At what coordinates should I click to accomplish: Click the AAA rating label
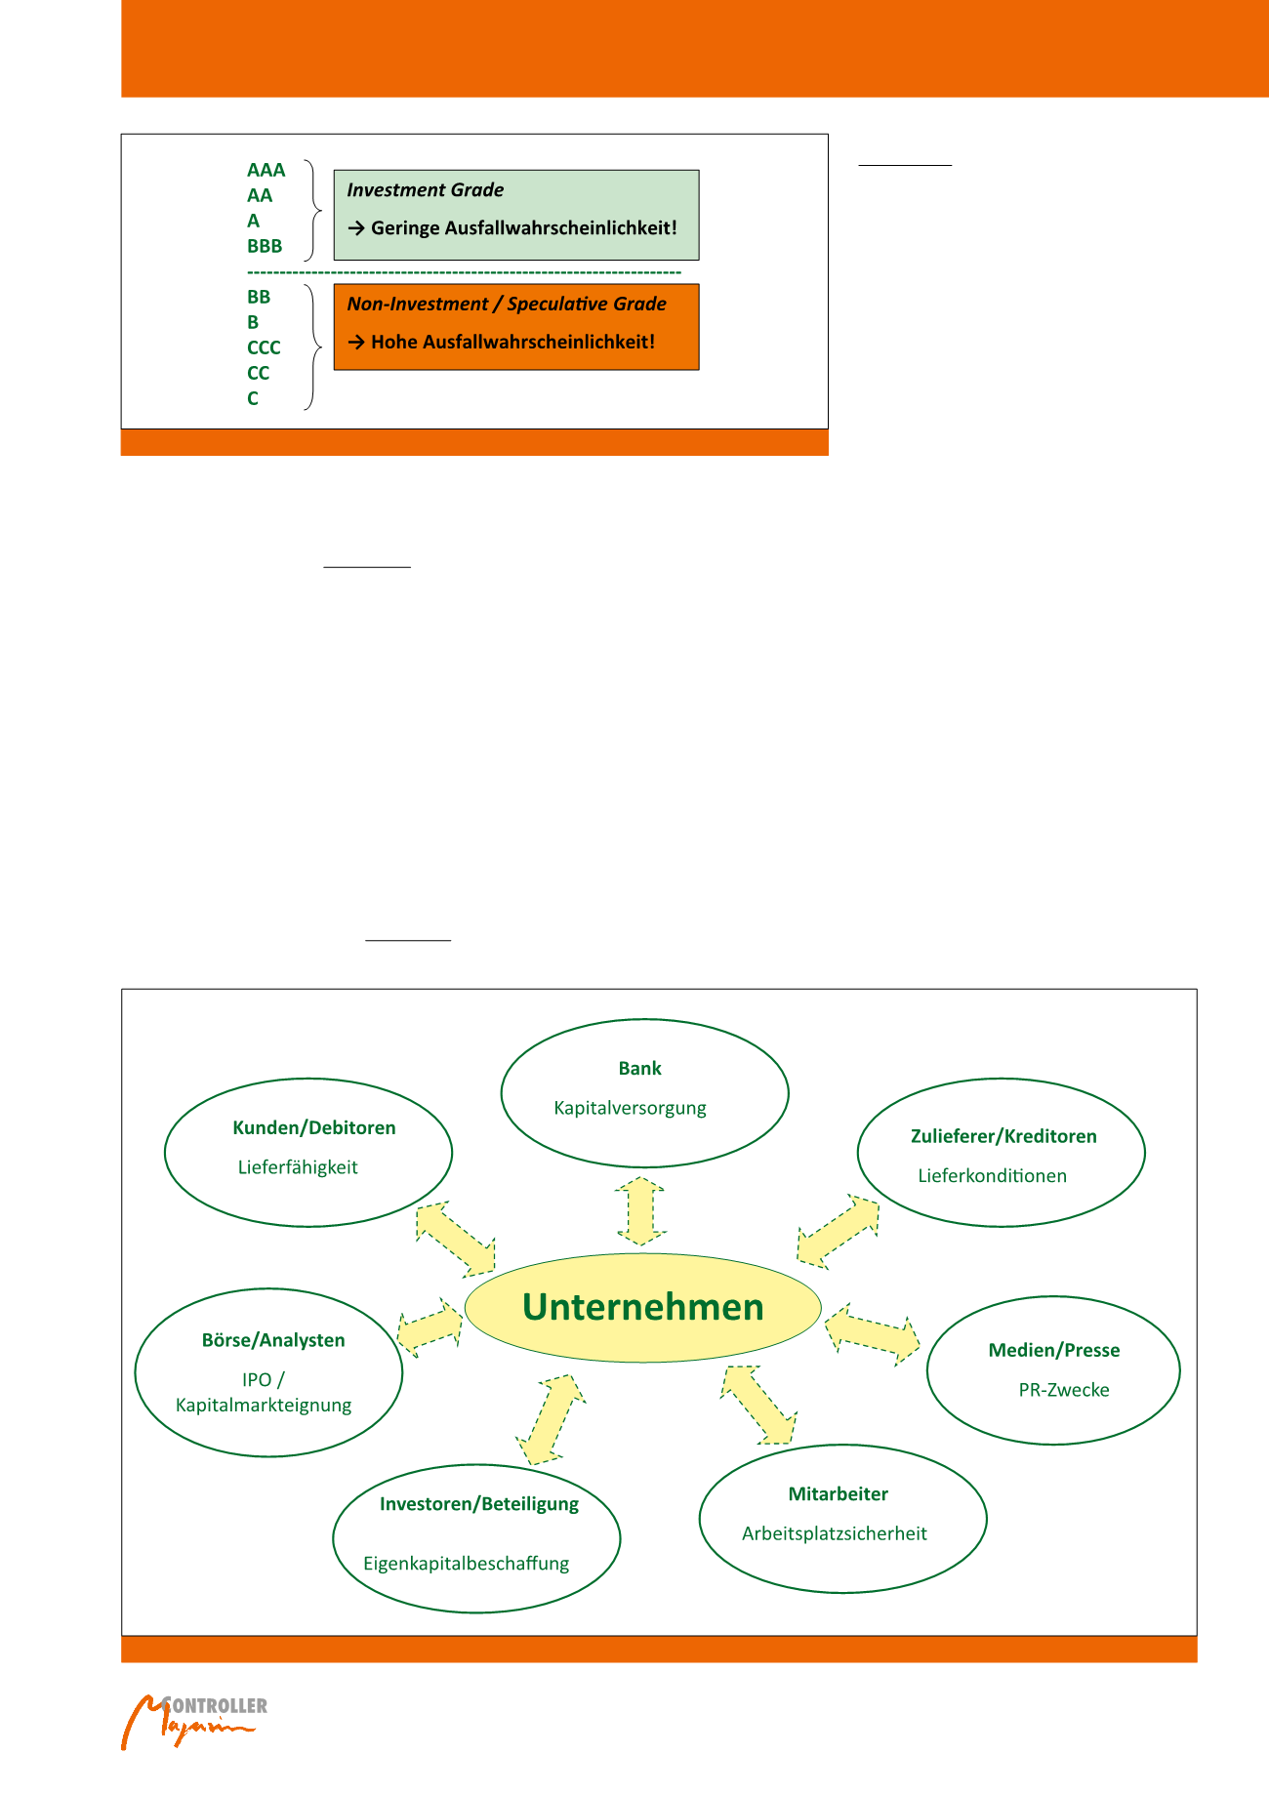(x=266, y=170)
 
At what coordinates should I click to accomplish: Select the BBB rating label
(x=265, y=246)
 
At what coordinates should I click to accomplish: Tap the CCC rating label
(x=264, y=347)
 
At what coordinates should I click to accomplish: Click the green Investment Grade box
(x=515, y=215)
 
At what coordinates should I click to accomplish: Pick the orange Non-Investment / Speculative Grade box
(x=515, y=326)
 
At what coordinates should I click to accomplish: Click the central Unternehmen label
(x=642, y=1307)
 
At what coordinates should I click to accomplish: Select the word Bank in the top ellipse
(x=639, y=1069)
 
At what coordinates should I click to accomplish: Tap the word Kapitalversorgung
(x=630, y=1108)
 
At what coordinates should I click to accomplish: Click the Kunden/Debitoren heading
(x=313, y=1127)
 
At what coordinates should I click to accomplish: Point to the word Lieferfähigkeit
(x=298, y=1167)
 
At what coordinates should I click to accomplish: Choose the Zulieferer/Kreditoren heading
(x=1003, y=1136)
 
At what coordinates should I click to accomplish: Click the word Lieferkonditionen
(x=992, y=1176)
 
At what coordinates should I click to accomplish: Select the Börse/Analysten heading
(x=273, y=1340)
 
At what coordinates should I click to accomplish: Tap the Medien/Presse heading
(x=1054, y=1350)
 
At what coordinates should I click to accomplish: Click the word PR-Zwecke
(x=1064, y=1390)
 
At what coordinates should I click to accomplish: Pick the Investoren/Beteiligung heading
(x=478, y=1504)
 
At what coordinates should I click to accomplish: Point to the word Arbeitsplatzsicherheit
(x=834, y=1533)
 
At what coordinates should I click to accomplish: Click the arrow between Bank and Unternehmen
(x=640, y=1210)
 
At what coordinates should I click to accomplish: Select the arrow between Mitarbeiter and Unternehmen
(x=758, y=1405)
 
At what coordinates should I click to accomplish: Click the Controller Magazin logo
(x=193, y=1721)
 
